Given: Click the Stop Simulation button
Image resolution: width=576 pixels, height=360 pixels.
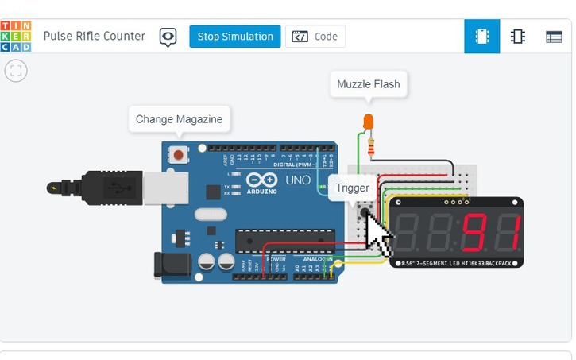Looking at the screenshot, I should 234,37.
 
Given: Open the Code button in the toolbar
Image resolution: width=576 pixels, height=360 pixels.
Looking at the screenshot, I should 315,37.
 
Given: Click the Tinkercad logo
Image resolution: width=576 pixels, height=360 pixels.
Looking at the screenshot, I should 17,37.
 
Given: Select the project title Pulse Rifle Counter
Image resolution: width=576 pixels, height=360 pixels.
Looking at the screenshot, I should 95,37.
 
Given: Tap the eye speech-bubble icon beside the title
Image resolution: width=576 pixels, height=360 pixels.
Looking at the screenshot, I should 168,37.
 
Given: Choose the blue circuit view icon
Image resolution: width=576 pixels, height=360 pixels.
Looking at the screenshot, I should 481,37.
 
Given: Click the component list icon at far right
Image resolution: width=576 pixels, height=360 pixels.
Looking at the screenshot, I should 554,37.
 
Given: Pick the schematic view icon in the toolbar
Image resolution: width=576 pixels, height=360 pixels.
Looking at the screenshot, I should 518,37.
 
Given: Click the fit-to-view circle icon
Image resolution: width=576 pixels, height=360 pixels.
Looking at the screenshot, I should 16,71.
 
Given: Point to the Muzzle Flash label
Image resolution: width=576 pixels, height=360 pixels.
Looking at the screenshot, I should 369,84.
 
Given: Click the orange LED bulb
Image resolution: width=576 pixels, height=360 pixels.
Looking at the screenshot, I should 368,122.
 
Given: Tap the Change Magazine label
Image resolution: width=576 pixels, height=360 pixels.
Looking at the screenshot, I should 180,120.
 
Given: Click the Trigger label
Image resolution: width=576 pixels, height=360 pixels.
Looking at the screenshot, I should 352,188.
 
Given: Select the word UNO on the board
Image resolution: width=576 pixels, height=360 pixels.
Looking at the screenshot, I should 298,180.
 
